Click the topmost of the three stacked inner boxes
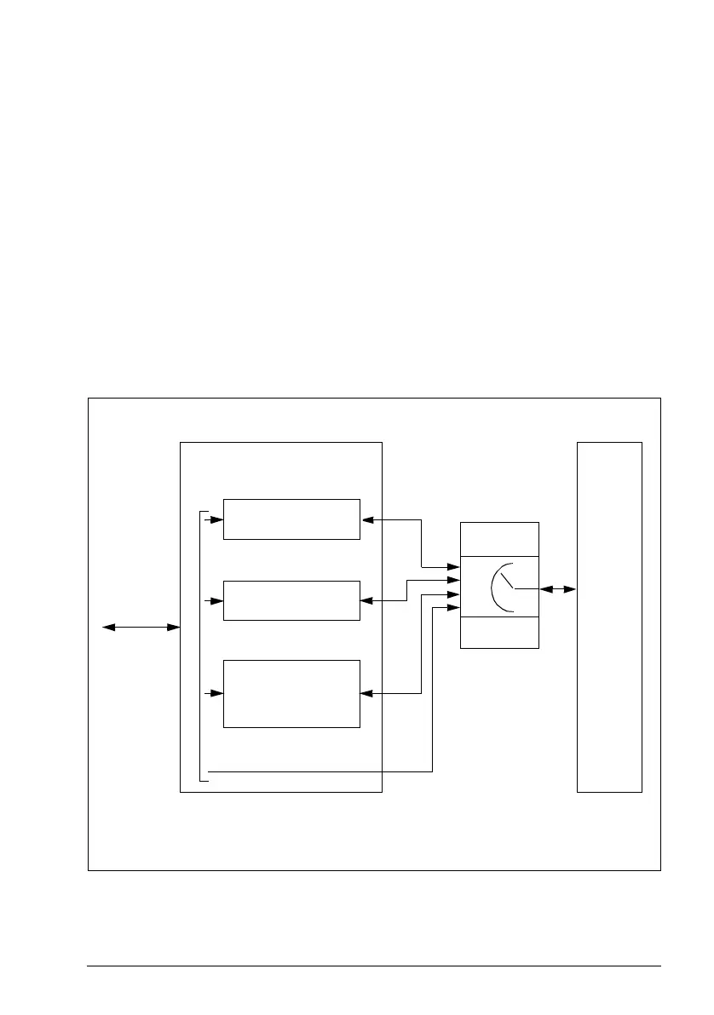click(291, 519)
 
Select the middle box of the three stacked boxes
click(291, 600)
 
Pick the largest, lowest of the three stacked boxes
click(291, 693)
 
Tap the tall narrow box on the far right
click(609, 616)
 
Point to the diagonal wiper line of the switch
click(506, 581)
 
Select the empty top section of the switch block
click(499, 539)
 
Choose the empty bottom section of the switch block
click(499, 633)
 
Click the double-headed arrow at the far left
click(141, 628)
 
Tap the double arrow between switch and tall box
click(557, 588)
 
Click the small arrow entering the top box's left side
click(216, 519)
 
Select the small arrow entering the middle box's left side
click(216, 600)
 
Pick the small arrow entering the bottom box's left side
click(216, 693)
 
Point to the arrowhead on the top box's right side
click(367, 519)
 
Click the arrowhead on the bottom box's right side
click(367, 693)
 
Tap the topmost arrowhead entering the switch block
click(454, 566)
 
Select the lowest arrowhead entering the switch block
click(454, 607)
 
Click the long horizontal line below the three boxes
click(320, 772)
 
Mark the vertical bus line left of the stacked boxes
click(199, 647)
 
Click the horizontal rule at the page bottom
click(375, 966)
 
